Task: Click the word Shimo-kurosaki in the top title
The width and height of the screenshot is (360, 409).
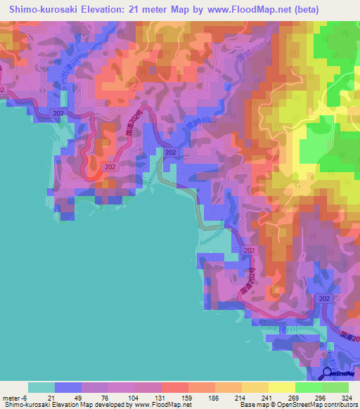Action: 43,10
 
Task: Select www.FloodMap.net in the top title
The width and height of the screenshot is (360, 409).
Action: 229,10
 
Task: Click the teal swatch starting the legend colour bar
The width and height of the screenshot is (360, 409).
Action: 41,387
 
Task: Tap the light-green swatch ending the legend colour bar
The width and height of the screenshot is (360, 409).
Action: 335,387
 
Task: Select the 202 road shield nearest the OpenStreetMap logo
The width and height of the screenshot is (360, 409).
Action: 324,299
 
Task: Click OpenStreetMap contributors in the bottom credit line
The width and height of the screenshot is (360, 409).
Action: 323,405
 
